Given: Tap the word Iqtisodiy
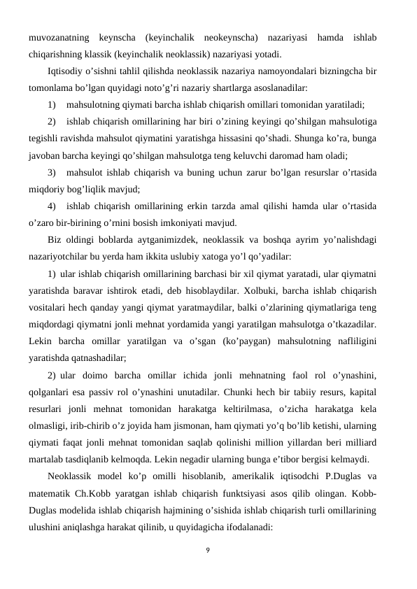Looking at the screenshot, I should pyautogui.click(x=64, y=71).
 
